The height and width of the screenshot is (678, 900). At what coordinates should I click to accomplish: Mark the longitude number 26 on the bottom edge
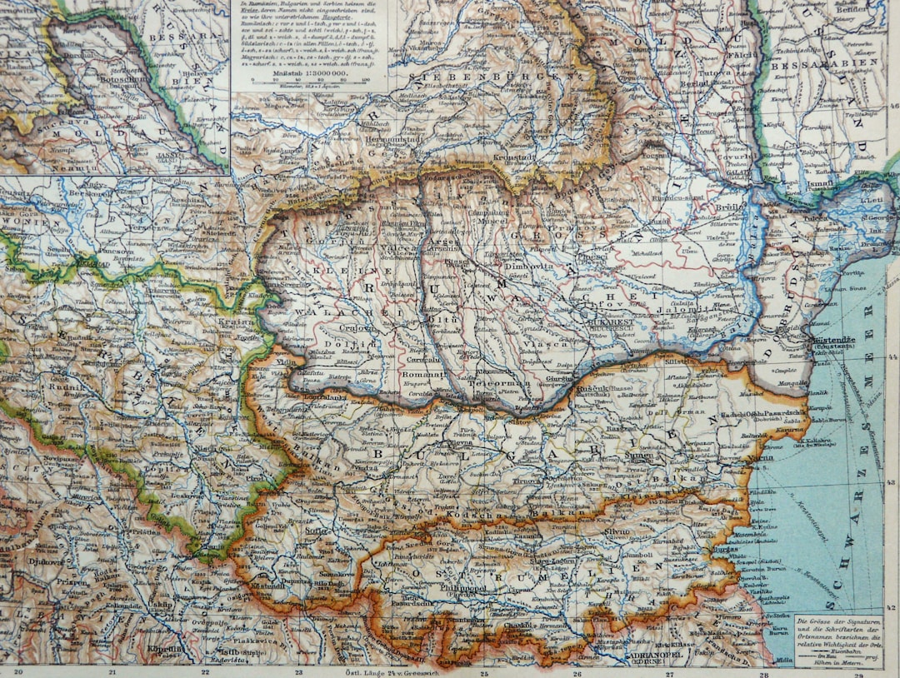tap(577, 671)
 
